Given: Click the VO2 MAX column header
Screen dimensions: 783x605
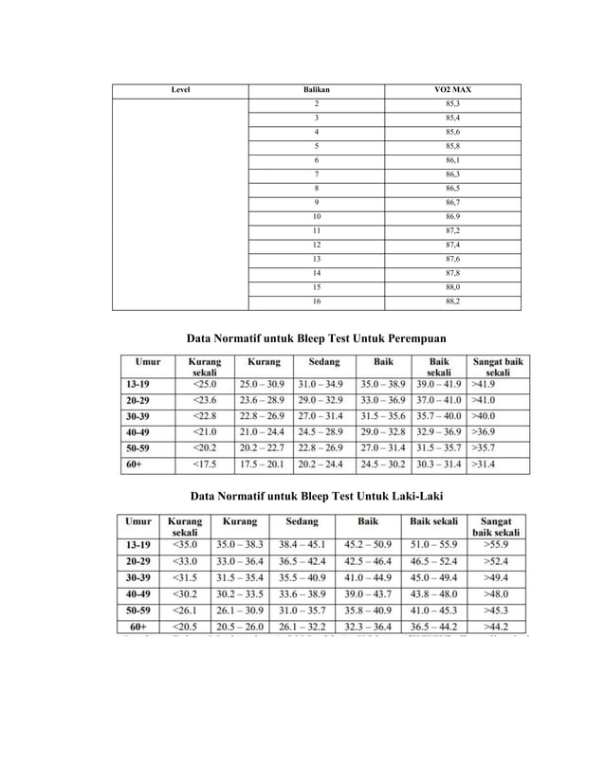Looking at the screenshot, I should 451,89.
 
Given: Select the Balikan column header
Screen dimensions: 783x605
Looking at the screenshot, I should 316,89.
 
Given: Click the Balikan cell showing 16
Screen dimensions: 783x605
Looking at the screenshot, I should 316,301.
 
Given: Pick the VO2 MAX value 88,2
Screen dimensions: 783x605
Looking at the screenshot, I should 451,301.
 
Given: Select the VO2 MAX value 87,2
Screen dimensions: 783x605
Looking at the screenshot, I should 451,230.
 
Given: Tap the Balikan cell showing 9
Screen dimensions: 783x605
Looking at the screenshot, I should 316,202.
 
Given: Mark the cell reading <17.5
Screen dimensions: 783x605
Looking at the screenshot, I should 205,464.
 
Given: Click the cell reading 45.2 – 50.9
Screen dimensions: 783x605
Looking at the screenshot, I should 367,545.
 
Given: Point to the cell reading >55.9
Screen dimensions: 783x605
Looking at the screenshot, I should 498,545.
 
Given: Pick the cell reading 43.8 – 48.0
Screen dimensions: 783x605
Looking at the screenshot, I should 434,593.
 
